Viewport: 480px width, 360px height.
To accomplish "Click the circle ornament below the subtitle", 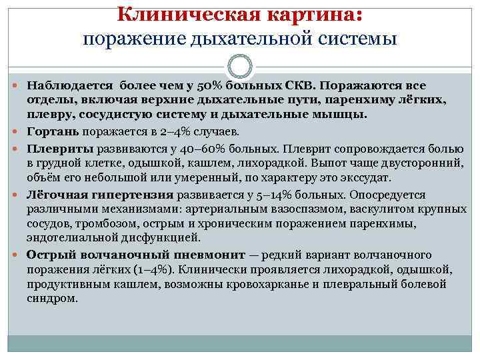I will click(x=240, y=67).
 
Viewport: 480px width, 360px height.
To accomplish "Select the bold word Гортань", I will click(x=50, y=131).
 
